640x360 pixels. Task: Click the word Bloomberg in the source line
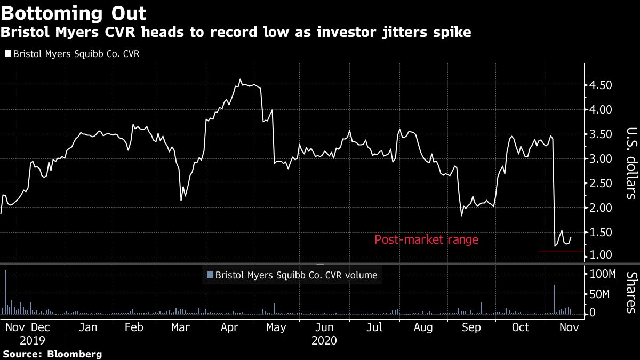pyautogui.click(x=75, y=354)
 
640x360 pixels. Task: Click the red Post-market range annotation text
pyautogui.click(x=426, y=240)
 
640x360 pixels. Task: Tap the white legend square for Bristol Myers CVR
pyautogui.click(x=7, y=54)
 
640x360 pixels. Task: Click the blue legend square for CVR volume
pyautogui.click(x=210, y=275)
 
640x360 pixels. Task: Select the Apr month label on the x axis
pyautogui.click(x=229, y=327)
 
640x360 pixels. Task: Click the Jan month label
pyautogui.click(x=88, y=327)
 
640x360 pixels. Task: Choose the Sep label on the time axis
pyautogui.click(x=471, y=327)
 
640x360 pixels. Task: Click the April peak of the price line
pyautogui.click(x=241, y=79)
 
